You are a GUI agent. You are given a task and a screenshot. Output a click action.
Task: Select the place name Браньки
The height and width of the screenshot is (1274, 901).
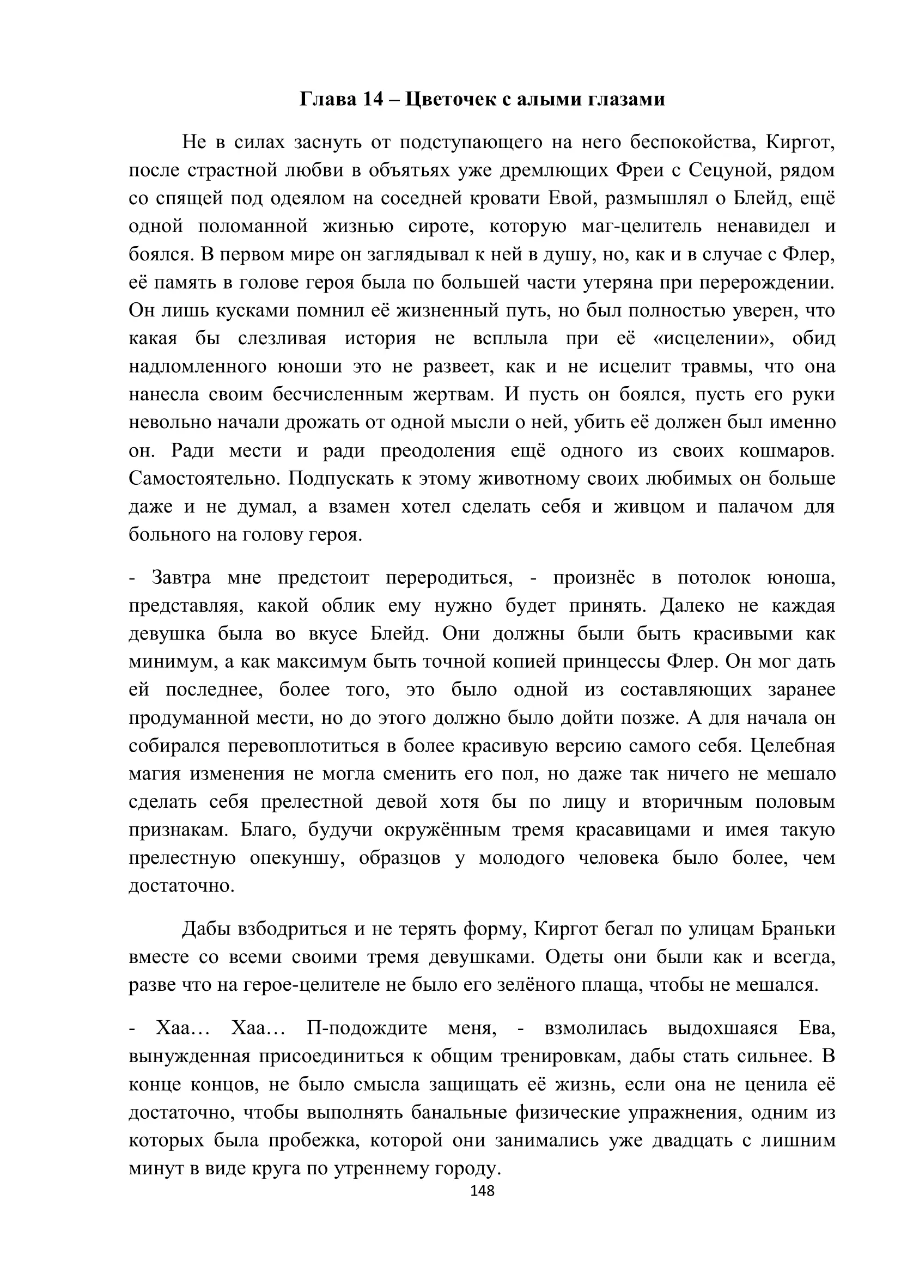tap(798, 929)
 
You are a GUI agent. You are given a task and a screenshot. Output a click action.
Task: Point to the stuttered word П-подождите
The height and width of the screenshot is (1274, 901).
tap(367, 1028)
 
